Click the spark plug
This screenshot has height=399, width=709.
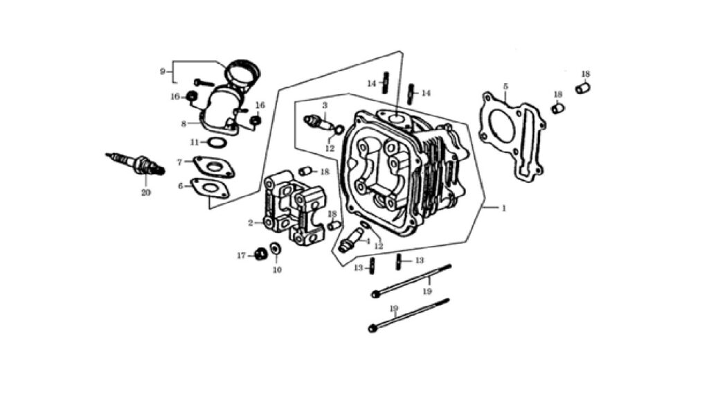click(x=136, y=163)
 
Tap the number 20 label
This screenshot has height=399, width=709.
click(x=145, y=193)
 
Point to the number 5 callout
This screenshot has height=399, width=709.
click(x=505, y=86)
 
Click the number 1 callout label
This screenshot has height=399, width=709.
click(x=504, y=208)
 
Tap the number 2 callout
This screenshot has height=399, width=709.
click(x=250, y=223)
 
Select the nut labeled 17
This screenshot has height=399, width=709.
click(x=260, y=254)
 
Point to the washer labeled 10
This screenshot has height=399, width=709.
click(x=275, y=249)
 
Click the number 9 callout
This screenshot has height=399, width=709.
click(x=162, y=71)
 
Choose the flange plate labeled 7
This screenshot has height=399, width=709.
click(x=214, y=166)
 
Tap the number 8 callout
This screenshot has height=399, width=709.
click(x=183, y=124)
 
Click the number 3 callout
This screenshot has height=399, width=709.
click(x=325, y=105)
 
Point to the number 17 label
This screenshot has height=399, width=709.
click(x=242, y=256)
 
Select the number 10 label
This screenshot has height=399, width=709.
click(x=277, y=269)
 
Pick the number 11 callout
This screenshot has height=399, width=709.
click(x=195, y=142)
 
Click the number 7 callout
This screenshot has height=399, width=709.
click(x=179, y=162)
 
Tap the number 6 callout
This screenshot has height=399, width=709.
click(x=181, y=186)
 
